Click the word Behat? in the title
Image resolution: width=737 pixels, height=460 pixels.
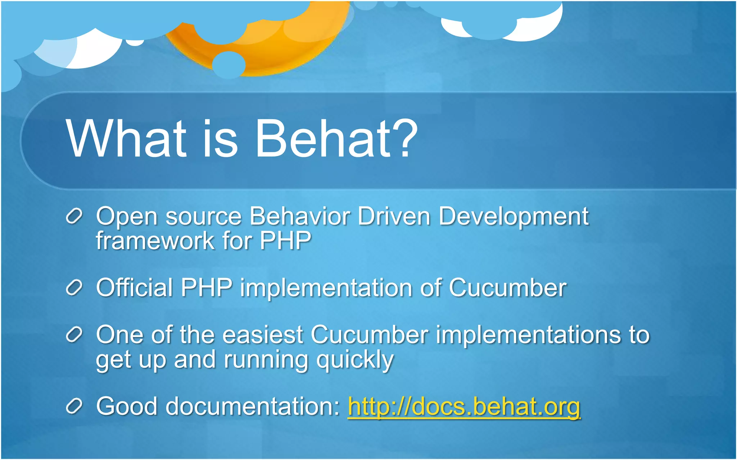pyautogui.click(x=336, y=139)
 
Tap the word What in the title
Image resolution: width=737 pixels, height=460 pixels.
pyautogui.click(x=126, y=139)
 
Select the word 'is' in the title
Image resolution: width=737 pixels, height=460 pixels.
pyautogui.click(x=220, y=139)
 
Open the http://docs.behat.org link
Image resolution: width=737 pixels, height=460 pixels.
pyautogui.click(x=464, y=406)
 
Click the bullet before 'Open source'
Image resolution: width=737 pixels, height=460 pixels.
pyautogui.click(x=74, y=216)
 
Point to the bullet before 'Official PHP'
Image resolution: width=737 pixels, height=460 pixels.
pyautogui.click(x=74, y=288)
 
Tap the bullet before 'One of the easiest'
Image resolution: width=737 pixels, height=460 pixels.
pyautogui.click(x=74, y=335)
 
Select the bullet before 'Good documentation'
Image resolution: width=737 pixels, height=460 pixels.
pyautogui.click(x=74, y=406)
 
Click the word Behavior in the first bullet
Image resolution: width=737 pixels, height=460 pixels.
pyautogui.click(x=300, y=216)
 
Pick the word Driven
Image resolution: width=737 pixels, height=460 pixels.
pyautogui.click(x=394, y=216)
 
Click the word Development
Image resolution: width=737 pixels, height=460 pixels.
pyautogui.click(x=514, y=217)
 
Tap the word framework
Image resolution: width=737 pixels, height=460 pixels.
pyautogui.click(x=155, y=240)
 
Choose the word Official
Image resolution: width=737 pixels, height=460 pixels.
pyautogui.click(x=135, y=288)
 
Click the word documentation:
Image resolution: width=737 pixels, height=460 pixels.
pyautogui.click(x=253, y=406)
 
